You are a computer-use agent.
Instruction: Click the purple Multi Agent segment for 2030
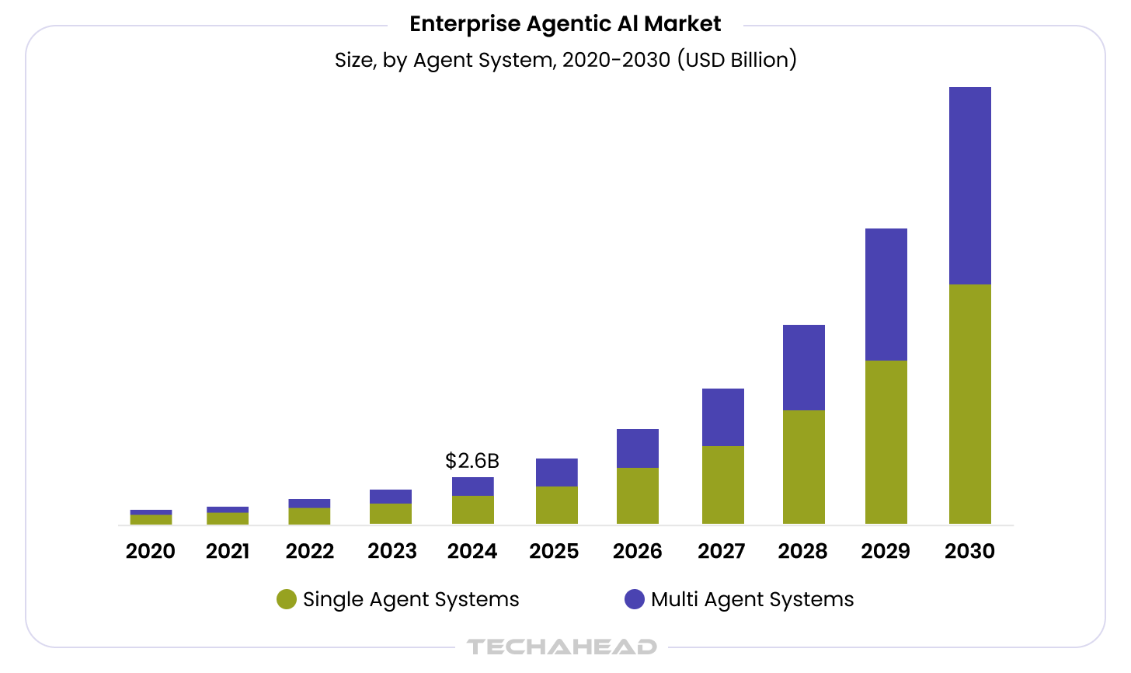coord(969,186)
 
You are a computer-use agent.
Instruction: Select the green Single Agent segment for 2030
coord(969,403)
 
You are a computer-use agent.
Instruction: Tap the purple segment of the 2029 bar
coord(886,295)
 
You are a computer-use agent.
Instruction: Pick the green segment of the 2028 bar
coord(803,466)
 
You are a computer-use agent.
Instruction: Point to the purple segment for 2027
coord(722,417)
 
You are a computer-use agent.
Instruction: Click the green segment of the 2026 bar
coord(637,495)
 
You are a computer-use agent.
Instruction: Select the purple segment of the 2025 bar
coord(556,472)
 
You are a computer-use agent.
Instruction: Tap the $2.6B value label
coord(472,461)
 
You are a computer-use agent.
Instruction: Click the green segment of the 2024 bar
coord(472,509)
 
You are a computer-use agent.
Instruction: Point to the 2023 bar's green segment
coord(390,513)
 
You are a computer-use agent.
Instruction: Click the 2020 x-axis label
coord(151,551)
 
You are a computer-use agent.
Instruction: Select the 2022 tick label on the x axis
coord(309,551)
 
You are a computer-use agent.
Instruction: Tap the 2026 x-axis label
coord(637,551)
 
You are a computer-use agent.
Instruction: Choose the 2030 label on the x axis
coord(969,551)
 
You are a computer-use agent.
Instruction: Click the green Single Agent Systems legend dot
coord(287,599)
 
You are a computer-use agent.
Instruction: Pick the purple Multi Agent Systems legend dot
coord(635,599)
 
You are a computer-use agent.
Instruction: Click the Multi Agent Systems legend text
coord(752,599)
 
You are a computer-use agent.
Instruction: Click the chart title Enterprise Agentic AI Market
coord(565,24)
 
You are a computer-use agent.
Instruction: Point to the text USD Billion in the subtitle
coord(736,60)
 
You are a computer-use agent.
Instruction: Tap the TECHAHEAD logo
coord(562,647)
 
